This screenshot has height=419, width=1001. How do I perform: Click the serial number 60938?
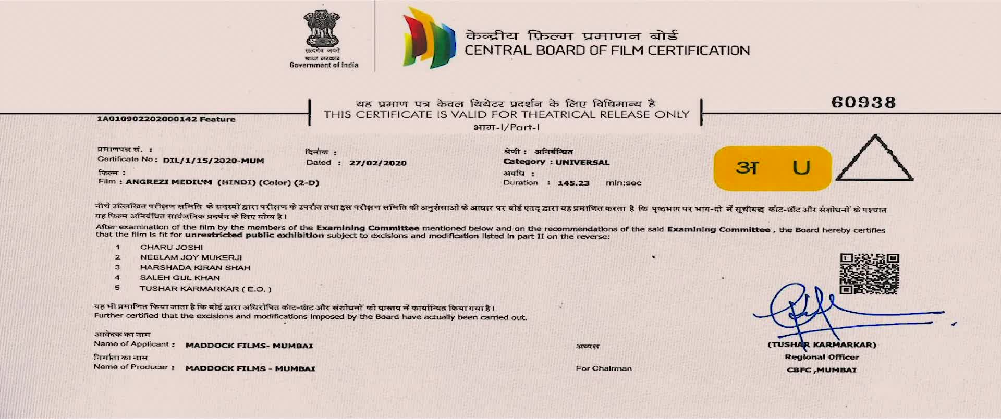[x=863, y=102]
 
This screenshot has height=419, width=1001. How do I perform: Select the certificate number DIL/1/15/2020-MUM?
[x=213, y=161]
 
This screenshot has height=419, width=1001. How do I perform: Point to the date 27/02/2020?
[x=377, y=163]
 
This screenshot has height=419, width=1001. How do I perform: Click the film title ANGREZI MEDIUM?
[x=168, y=182]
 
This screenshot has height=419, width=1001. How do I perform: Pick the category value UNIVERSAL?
[x=582, y=162]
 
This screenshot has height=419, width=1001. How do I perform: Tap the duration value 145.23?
[x=573, y=183]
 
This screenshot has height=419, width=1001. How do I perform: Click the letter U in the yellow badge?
[x=801, y=167]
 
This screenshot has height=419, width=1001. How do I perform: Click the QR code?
[x=869, y=274]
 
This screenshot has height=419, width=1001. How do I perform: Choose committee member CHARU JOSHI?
[x=172, y=247]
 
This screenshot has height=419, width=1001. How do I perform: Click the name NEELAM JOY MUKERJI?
[x=191, y=257]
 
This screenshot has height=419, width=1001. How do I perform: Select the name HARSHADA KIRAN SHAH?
[x=195, y=268]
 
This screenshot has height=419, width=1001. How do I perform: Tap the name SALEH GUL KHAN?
[x=180, y=278]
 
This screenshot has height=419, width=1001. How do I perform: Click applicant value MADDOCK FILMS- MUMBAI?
[x=249, y=346]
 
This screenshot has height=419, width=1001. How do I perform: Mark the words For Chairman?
[x=604, y=368]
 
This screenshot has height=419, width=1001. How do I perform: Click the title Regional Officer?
[x=822, y=357]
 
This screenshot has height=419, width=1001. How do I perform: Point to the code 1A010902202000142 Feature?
[x=166, y=119]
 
